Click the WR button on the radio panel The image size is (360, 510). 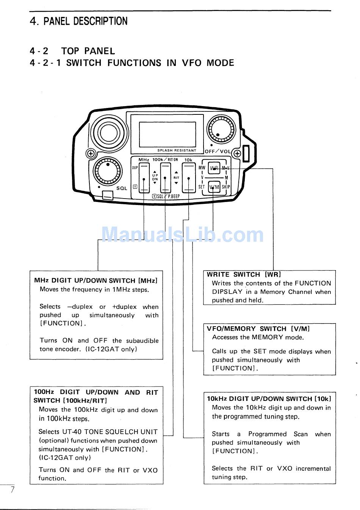tap(214, 167)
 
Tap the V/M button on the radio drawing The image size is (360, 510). tap(214, 187)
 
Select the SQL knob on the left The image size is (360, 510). tap(108, 171)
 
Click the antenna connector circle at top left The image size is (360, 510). tap(109, 133)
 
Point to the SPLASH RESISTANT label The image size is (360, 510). tap(177, 150)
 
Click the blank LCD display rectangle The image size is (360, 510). tap(167, 134)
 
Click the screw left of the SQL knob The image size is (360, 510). tap(91, 153)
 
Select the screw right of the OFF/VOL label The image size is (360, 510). tap(237, 153)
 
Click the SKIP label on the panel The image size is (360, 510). tap(226, 187)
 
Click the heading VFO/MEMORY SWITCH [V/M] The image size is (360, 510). tap(258, 329)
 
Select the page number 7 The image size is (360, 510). tap(13, 490)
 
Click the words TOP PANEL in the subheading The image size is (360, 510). tap(88, 51)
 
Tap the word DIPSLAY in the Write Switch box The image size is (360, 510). tap(227, 292)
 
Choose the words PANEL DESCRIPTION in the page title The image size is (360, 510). tap(85, 21)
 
